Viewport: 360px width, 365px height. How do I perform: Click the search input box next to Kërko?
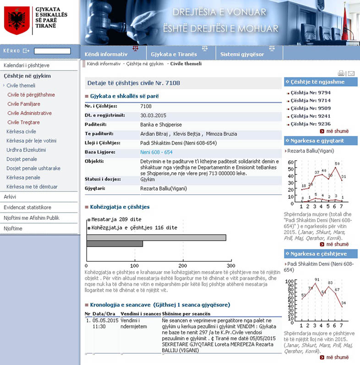52,51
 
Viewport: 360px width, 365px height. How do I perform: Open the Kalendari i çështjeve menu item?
27,65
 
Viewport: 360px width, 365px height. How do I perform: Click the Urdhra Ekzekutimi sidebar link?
26,150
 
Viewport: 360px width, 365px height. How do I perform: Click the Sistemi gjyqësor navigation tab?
242,54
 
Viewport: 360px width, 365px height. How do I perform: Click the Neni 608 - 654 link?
156,152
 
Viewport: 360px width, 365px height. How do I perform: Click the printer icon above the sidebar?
341,73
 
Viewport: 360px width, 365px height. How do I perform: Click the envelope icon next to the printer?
351,73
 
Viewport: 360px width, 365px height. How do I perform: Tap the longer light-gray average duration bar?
156,238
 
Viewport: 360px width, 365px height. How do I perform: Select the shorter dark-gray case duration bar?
114,244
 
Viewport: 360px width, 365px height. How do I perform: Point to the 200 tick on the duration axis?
183,266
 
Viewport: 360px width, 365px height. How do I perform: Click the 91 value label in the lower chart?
316,279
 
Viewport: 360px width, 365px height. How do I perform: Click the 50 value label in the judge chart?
337,163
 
